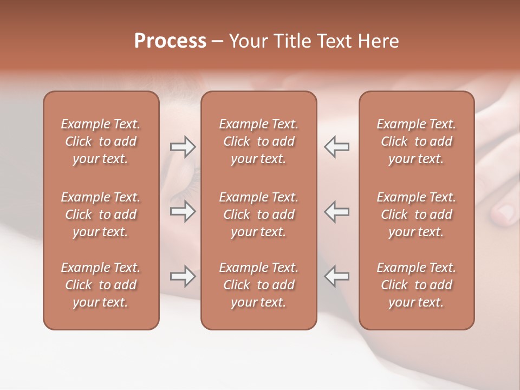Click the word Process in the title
pos(170,41)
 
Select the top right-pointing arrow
pos(183,147)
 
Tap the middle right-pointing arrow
pos(183,211)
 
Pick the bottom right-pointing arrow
pos(183,276)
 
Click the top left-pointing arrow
pos(337,147)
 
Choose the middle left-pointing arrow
pos(337,211)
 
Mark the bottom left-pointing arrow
pos(337,276)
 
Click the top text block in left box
pos(101,141)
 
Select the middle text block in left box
pos(101,214)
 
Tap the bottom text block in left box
pos(101,285)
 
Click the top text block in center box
pos(259,141)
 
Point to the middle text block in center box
pos(259,214)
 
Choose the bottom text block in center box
pos(259,285)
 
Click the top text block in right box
pos(417,141)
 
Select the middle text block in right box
pos(417,214)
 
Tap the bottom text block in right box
pos(417,285)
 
